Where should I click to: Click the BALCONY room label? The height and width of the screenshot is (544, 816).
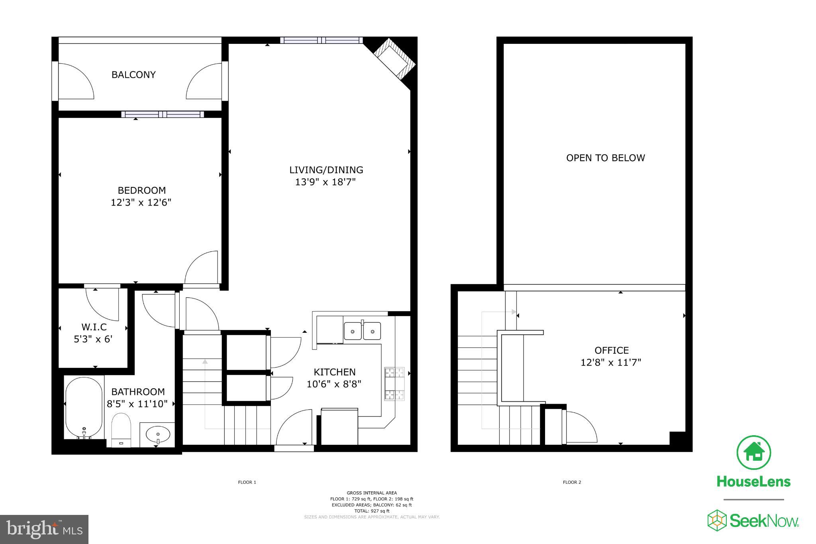click(133, 75)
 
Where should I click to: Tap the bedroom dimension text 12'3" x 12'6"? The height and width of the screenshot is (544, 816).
click(141, 202)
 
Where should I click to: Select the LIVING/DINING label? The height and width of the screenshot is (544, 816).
click(326, 170)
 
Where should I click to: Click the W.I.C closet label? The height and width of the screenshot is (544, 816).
click(94, 327)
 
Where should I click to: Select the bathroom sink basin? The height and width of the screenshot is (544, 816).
click(158, 433)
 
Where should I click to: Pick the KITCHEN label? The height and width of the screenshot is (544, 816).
click(335, 372)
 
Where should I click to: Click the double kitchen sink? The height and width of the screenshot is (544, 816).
click(362, 331)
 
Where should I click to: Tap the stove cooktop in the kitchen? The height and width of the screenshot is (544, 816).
click(394, 384)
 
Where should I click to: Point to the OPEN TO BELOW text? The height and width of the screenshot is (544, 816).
click(605, 158)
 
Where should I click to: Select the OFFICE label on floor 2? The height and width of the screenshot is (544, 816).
click(612, 351)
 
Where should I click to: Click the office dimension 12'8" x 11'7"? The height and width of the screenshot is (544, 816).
click(611, 363)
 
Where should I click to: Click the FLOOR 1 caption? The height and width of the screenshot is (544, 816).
click(247, 482)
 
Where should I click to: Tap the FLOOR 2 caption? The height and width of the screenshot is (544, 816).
click(572, 482)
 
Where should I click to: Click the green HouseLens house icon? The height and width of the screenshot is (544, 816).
click(754, 452)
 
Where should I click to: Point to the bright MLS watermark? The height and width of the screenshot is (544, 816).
click(44, 529)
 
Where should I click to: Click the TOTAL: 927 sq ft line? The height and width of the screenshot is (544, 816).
click(372, 511)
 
